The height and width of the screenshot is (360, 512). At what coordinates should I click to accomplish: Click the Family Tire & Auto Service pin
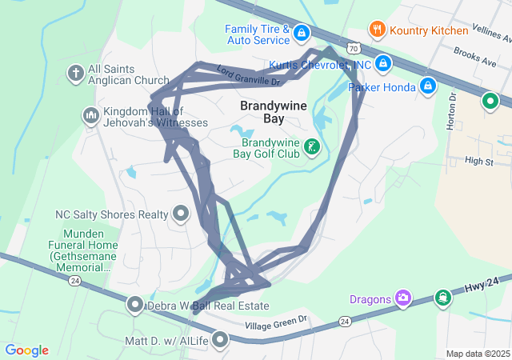[302, 33]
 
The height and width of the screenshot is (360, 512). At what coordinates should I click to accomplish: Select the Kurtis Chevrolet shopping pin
[383, 62]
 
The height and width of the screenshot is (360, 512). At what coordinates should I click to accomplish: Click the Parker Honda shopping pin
[428, 85]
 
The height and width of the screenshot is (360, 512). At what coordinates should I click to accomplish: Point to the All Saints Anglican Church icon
[76, 74]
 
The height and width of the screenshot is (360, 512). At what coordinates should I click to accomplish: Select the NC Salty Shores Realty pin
[181, 214]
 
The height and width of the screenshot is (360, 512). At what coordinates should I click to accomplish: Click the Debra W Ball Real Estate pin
[135, 306]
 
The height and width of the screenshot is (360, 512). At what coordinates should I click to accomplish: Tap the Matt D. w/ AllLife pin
[219, 341]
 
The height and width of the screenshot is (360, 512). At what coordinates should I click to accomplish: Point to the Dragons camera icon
[403, 298]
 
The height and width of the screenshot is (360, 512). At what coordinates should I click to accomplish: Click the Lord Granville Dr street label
[250, 76]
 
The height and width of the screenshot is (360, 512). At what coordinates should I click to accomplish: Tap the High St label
[478, 161]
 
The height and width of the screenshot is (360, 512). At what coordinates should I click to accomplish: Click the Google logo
[26, 350]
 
